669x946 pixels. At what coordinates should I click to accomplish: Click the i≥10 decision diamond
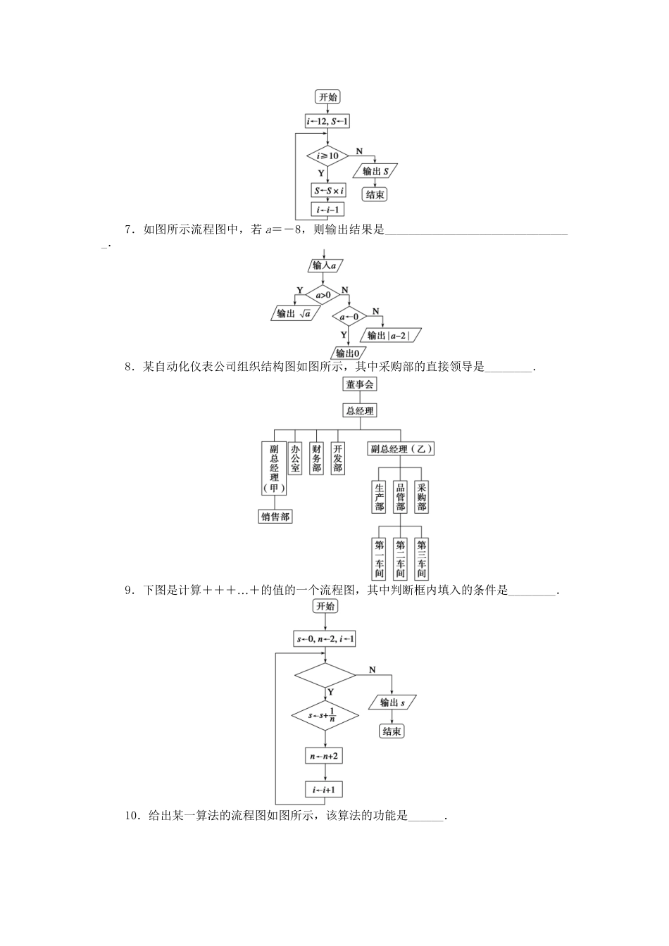click(327, 156)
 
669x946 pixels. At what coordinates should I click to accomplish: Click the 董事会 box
click(360, 384)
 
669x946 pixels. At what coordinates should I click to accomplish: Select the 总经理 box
click(360, 410)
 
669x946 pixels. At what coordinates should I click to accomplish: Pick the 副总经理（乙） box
click(401, 449)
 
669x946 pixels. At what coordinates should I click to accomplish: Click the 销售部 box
click(275, 517)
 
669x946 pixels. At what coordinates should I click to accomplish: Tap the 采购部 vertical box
click(422, 497)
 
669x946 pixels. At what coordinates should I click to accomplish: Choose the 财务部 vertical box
click(317, 458)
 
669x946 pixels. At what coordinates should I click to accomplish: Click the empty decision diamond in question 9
click(325, 676)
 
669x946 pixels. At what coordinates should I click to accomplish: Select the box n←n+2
click(325, 756)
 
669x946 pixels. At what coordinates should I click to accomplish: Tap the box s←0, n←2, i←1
click(325, 639)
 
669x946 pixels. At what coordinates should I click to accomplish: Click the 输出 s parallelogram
click(392, 702)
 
